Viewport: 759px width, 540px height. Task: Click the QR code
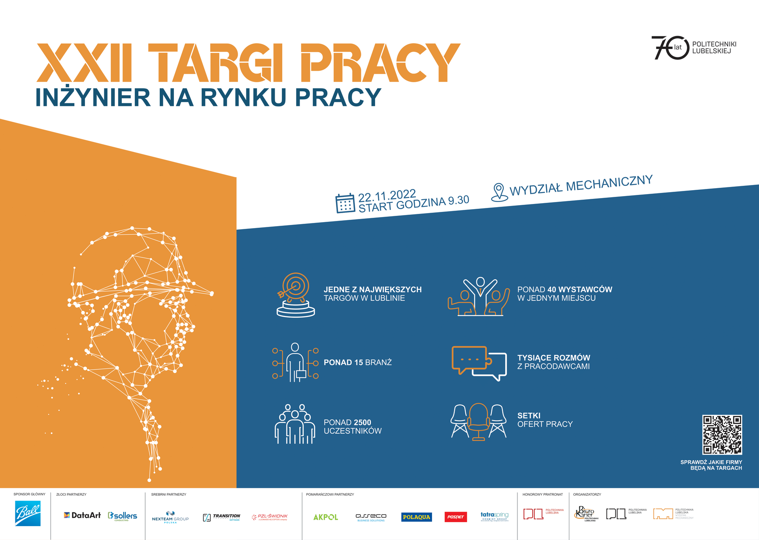tap(722, 434)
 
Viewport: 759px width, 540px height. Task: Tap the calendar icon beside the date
tap(345, 203)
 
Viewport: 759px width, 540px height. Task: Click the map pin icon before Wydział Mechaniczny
tap(499, 192)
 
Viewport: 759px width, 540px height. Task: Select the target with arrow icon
tap(295, 295)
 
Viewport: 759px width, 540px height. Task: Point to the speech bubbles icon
tap(479, 363)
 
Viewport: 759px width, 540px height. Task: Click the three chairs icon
tap(478, 422)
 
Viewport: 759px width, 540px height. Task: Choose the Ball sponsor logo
tap(28, 514)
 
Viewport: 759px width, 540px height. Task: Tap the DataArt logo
tap(82, 515)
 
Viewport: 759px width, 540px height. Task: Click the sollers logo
tap(123, 516)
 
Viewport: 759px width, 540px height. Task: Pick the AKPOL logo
tap(325, 517)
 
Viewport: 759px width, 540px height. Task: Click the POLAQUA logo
tap(416, 517)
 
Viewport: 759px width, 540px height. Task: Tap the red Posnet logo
tap(455, 517)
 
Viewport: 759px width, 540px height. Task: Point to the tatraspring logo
tap(495, 516)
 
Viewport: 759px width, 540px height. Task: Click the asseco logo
tap(371, 517)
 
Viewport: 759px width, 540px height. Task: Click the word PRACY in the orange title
tap(380, 63)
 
